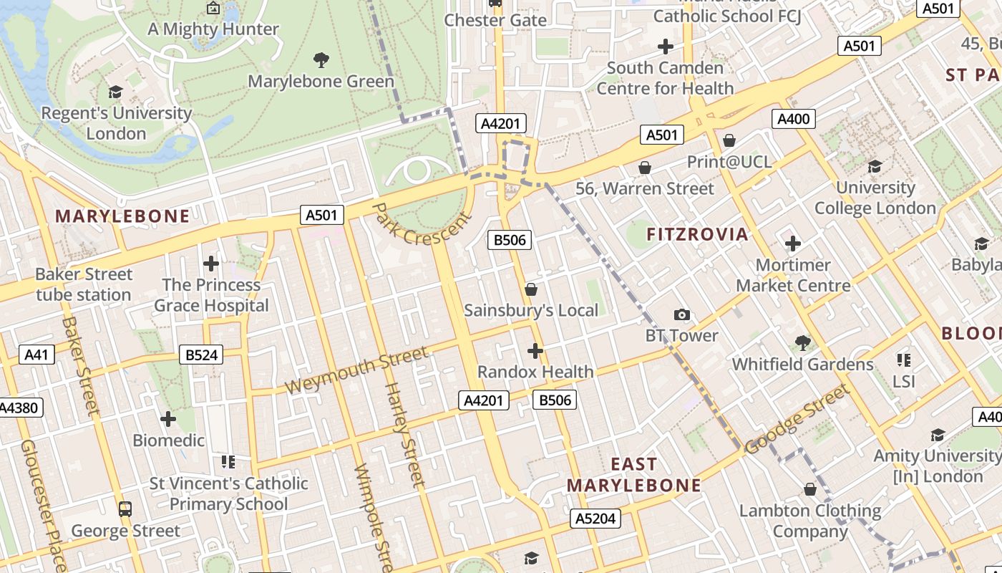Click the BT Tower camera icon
[682, 314]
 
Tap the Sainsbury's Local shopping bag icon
[531, 289]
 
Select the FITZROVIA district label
[697, 234]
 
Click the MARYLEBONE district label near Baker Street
[122, 216]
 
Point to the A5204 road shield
[595, 519]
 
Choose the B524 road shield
[201, 355]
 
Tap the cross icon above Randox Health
[535, 351]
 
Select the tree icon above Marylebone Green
[321, 60]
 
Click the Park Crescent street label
[422, 224]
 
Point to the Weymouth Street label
[356, 370]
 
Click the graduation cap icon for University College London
[875, 166]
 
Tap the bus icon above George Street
[125, 509]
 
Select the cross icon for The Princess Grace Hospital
[210, 264]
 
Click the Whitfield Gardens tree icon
[802, 343]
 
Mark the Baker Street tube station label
[84, 284]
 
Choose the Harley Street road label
[405, 434]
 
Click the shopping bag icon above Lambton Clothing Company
[810, 489]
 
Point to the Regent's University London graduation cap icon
[115, 92]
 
